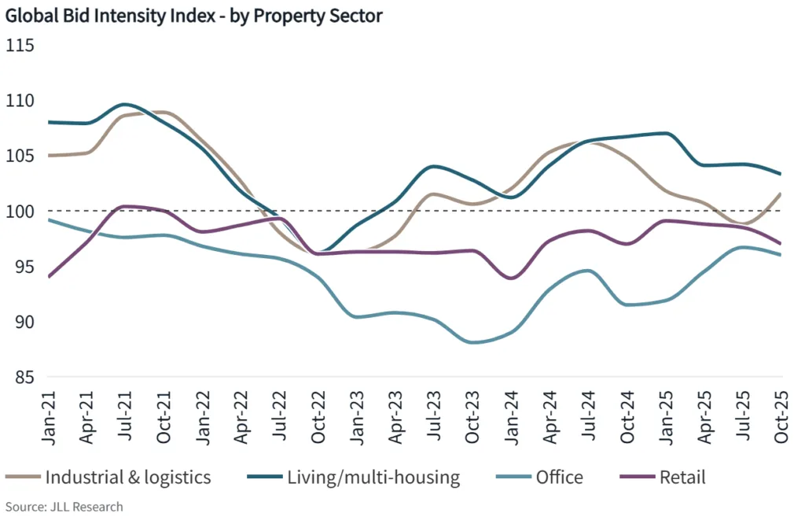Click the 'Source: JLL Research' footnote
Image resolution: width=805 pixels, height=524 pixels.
pos(64,507)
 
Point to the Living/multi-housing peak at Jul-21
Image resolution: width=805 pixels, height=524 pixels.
pos(126,104)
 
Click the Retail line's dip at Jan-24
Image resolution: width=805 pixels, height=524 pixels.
pos(513,279)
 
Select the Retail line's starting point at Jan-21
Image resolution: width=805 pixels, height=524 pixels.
pos(49,277)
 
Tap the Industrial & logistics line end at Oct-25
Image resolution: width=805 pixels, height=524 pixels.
pos(780,194)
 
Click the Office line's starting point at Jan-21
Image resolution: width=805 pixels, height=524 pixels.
pos(49,220)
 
